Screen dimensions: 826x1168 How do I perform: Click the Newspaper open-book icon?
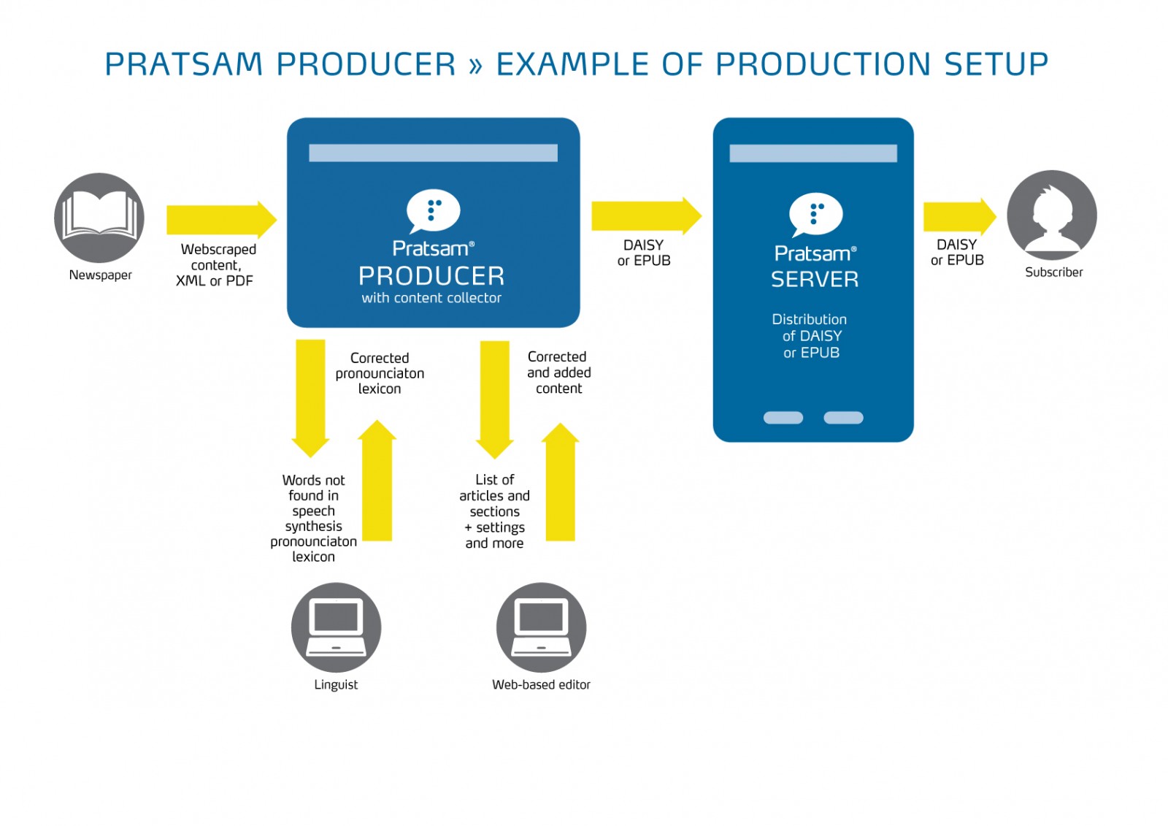(x=99, y=217)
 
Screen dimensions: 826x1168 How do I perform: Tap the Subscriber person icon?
(x=1051, y=215)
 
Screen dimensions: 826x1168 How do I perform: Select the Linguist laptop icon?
(x=336, y=627)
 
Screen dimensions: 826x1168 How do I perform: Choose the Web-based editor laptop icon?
(x=541, y=627)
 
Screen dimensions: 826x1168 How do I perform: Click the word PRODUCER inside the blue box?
(x=431, y=276)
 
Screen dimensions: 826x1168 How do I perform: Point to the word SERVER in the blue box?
(x=815, y=279)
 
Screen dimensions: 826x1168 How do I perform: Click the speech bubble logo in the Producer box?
(x=433, y=211)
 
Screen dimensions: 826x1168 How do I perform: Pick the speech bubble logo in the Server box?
(x=815, y=214)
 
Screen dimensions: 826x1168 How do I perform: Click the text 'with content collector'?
(x=431, y=298)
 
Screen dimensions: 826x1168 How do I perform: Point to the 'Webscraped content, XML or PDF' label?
(x=215, y=265)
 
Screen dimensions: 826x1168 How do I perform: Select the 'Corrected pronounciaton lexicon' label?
(x=380, y=373)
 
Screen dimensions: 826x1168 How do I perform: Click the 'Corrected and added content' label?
(x=558, y=372)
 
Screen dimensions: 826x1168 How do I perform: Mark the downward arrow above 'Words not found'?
(x=310, y=398)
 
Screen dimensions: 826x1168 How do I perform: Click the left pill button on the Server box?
(x=783, y=418)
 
